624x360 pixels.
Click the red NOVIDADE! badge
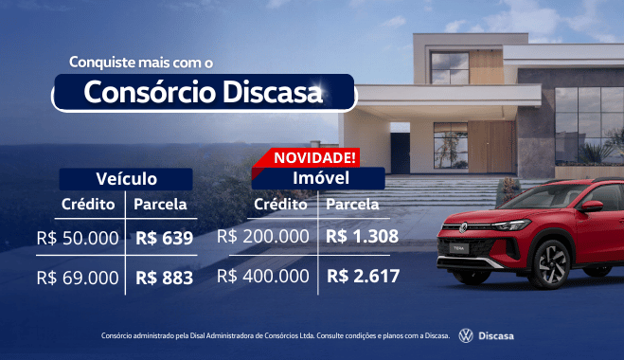pos(314,157)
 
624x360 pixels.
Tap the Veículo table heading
pos(126,178)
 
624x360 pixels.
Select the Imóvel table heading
pos(316,177)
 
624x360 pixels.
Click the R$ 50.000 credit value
pos(78,238)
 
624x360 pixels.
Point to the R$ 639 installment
pos(164,238)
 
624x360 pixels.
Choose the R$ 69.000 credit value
pos(78,278)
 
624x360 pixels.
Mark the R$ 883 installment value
pos(164,278)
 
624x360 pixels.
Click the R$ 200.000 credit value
pos(263,236)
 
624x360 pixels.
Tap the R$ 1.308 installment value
pos(362,236)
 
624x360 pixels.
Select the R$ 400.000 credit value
pos(263,276)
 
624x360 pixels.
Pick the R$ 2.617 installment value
pos(363,276)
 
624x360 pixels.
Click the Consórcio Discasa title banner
pos(204,94)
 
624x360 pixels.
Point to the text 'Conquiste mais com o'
pos(141,62)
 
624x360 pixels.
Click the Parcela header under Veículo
pos(160,204)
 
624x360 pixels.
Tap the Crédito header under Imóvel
pos(280,204)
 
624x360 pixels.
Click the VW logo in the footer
pos(466,335)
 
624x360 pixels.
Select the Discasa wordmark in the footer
pos(496,335)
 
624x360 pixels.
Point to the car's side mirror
pos(591,206)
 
